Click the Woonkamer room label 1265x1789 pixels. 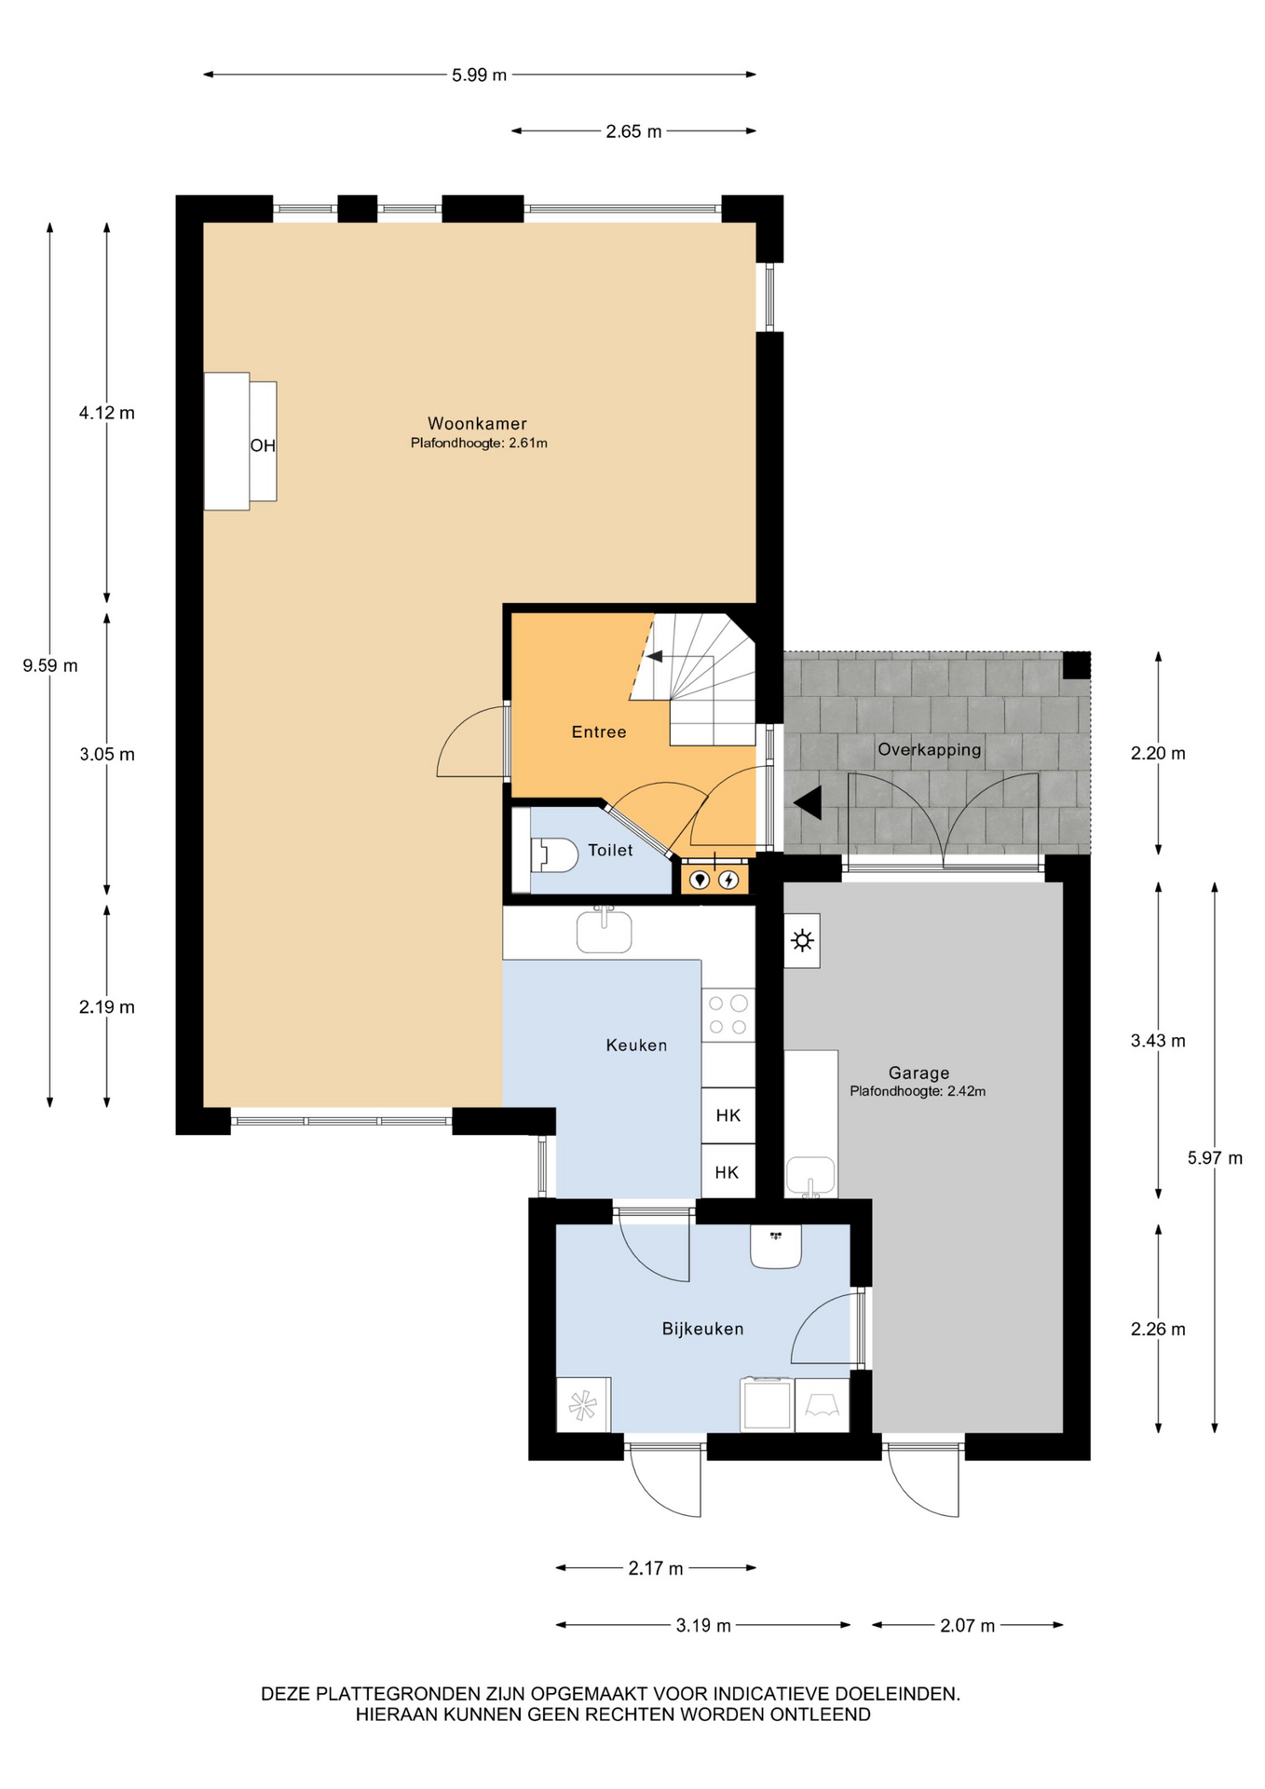point(477,424)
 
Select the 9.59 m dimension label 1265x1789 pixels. point(50,665)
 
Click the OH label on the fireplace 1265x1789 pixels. point(263,445)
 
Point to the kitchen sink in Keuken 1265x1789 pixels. point(605,930)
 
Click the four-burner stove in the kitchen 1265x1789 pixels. point(728,1015)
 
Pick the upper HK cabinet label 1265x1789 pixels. point(728,1115)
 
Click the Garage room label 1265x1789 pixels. point(918,1072)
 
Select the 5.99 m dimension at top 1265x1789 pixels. point(480,75)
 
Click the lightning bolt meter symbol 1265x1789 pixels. point(729,879)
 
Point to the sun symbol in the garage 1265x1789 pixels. point(802,941)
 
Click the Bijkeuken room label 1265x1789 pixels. point(703,1329)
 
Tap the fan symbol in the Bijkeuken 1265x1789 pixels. point(583,1405)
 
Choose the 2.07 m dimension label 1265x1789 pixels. point(968,1626)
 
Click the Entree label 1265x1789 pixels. point(599,732)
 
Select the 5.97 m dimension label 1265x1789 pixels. point(1215,1158)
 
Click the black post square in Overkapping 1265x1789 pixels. point(1077,665)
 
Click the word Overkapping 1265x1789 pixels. point(930,750)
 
